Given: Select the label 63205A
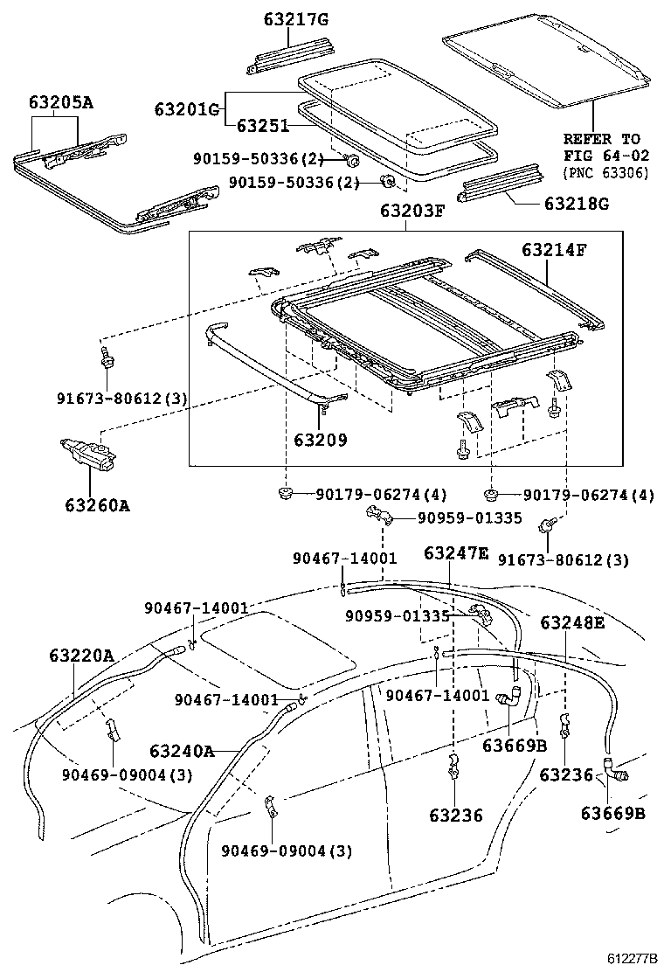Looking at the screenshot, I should tap(58, 103).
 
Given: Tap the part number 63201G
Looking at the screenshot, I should tap(187, 109).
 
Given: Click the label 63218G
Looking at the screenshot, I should tap(576, 205).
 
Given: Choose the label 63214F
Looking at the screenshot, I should tap(554, 250).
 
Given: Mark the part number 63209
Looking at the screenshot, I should tap(320, 440).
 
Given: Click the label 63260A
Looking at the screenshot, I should tap(96, 504).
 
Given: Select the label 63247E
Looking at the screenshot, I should tap(457, 552).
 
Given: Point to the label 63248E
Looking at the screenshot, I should tap(572, 622).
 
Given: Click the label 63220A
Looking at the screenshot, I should tap(81, 654).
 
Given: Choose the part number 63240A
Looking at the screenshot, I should tap(181, 751).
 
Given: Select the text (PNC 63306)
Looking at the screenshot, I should tap(605, 172).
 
